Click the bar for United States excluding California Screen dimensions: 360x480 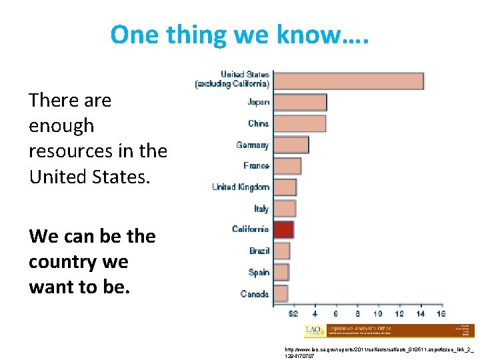349,81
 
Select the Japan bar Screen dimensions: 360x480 300,102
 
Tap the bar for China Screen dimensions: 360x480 300,123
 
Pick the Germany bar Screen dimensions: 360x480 291,145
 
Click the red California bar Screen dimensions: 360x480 284,229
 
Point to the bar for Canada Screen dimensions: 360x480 281,293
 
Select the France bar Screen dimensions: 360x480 287,166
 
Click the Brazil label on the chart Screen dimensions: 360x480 259,251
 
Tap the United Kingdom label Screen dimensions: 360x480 241,187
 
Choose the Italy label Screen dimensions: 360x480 261,209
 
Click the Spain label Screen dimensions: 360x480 259,272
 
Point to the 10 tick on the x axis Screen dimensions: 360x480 377,314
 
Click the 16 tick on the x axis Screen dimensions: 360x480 440,314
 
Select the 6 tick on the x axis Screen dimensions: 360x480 335,314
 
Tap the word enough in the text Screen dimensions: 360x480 61,126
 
